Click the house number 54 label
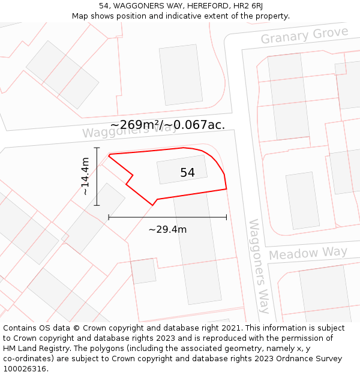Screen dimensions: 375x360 pyautogui.click(x=187, y=173)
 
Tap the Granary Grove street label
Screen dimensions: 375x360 pyautogui.click(x=304, y=35)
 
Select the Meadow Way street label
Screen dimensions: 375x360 pyautogui.click(x=308, y=253)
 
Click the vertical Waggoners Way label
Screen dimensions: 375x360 pyautogui.click(x=259, y=266)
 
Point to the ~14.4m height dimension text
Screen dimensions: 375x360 pyautogui.click(x=85, y=176)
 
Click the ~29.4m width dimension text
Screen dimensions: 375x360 pyautogui.click(x=167, y=229)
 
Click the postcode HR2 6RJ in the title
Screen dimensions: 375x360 pyautogui.click(x=248, y=6)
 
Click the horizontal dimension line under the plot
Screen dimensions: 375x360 pyautogui.click(x=167, y=217)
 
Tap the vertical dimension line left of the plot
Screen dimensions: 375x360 pyautogui.click(x=97, y=176)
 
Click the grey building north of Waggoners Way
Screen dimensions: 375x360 pyautogui.click(x=181, y=75)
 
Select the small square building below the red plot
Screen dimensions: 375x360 pyautogui.click(x=143, y=271)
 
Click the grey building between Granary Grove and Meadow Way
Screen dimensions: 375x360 pyautogui.click(x=302, y=200)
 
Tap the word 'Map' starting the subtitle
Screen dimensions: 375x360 pyautogui.click(x=80, y=16)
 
